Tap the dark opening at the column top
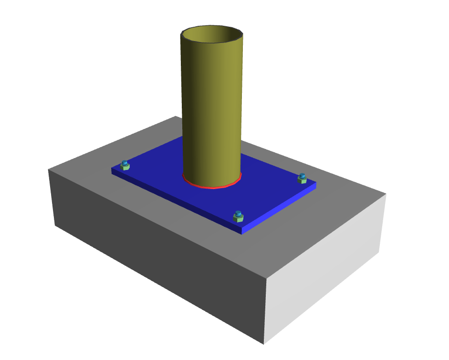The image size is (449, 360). (212, 36)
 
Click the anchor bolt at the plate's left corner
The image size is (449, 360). (125, 166)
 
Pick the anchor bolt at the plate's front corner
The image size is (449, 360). (238, 217)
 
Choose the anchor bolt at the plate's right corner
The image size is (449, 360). (302, 178)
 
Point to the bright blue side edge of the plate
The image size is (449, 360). (279, 208)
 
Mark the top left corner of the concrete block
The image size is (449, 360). (49, 169)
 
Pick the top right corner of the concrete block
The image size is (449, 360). (386, 194)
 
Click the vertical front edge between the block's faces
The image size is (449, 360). (265, 310)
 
